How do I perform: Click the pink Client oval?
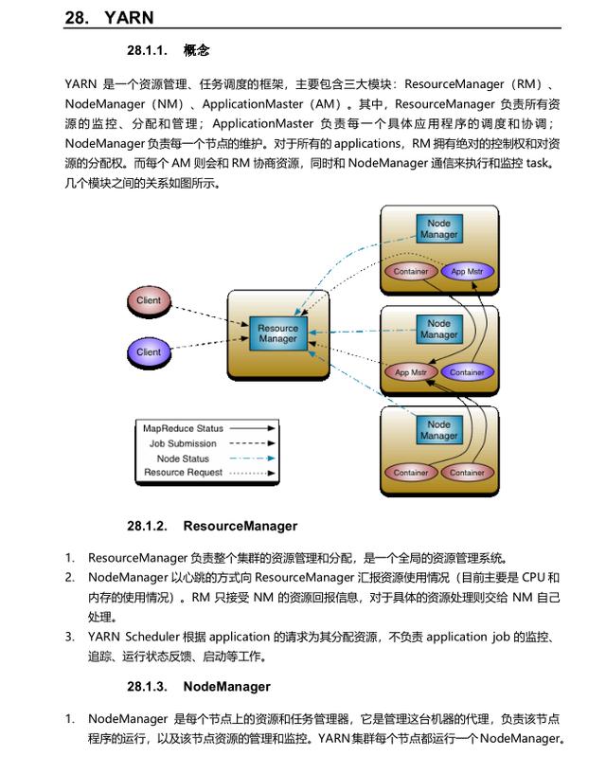(149, 301)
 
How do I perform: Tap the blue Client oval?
(149, 352)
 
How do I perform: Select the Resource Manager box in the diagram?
(277, 333)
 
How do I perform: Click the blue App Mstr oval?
(466, 272)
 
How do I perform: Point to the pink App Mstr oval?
(410, 372)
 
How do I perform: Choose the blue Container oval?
(467, 372)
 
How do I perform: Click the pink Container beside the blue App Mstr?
(410, 272)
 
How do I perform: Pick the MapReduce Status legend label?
(183, 429)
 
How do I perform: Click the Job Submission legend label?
(183, 443)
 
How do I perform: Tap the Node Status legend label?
(183, 459)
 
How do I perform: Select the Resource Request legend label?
(183, 473)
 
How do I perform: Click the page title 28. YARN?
(109, 17)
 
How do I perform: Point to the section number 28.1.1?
(146, 50)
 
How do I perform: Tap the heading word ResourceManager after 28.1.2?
(240, 526)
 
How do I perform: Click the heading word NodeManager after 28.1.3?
(226, 687)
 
